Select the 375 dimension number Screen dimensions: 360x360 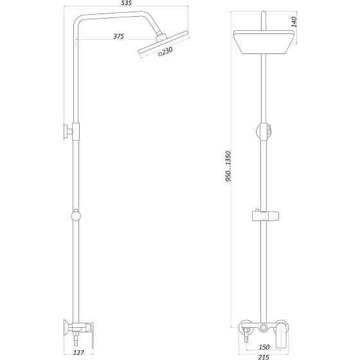point(118,37)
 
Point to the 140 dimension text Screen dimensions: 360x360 point(293,21)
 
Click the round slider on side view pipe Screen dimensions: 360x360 point(76,215)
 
